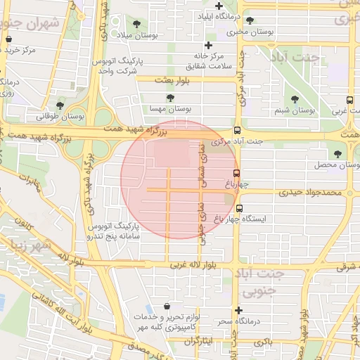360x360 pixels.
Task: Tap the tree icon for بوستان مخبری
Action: point(250,20)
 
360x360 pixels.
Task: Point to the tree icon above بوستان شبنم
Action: point(294,99)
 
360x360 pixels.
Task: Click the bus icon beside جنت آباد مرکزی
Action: point(237,130)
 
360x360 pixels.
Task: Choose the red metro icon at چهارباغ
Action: point(237,173)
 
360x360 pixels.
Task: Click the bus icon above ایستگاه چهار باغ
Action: point(240,209)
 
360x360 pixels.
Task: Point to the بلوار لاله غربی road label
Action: point(199,266)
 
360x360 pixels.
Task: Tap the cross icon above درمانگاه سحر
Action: point(239,310)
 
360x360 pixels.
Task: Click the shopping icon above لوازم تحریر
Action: point(166,307)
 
